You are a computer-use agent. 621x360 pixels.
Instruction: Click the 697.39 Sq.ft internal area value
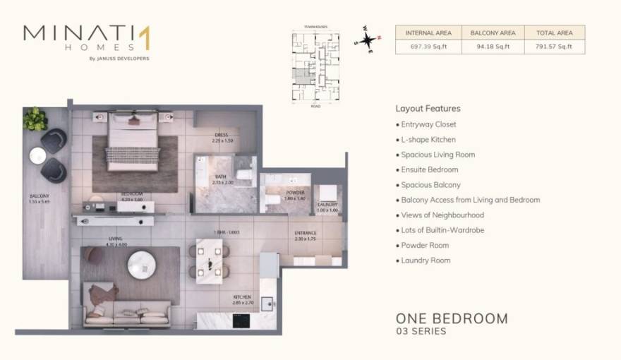point(428,47)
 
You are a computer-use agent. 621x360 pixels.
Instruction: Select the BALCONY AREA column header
point(493,32)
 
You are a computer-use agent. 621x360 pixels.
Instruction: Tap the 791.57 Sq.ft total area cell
point(554,47)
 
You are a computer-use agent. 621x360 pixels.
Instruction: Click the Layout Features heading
point(428,109)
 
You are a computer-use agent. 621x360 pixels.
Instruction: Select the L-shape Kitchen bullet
point(428,140)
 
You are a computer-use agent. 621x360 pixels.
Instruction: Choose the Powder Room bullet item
point(425,246)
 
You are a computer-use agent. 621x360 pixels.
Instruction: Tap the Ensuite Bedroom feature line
point(429,170)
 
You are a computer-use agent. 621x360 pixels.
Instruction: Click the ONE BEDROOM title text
point(452,318)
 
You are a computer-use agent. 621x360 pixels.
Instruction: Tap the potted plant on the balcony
point(35,119)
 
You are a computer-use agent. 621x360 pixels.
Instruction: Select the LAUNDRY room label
point(327,205)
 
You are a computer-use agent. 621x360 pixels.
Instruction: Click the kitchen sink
point(267,304)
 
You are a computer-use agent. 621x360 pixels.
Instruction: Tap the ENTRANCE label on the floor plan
point(306,233)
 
